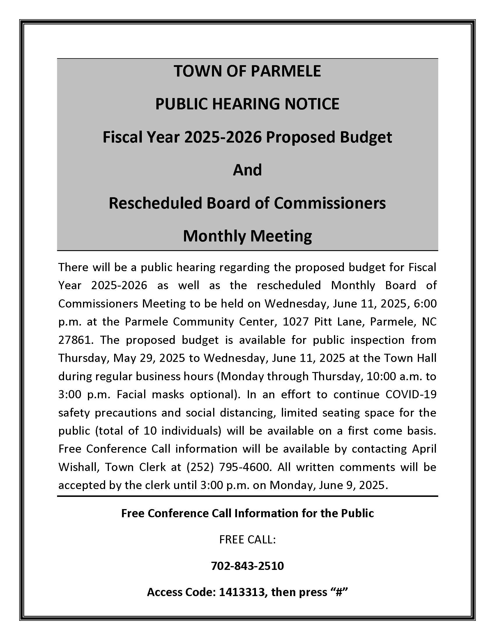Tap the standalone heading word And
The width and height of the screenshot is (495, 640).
[x=247, y=170]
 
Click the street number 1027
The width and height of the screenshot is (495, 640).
[x=296, y=322]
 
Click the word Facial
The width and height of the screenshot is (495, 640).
[x=131, y=394]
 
